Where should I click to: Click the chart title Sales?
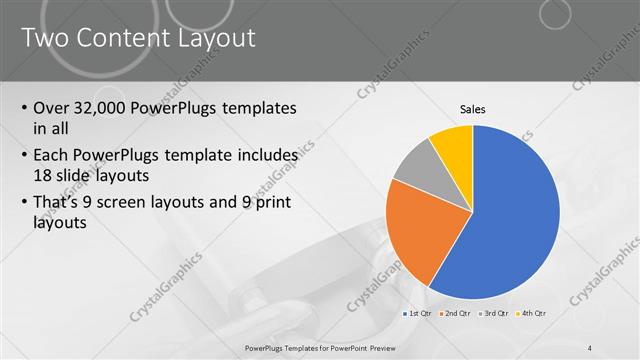[x=473, y=109]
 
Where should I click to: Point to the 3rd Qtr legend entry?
[x=494, y=314]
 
